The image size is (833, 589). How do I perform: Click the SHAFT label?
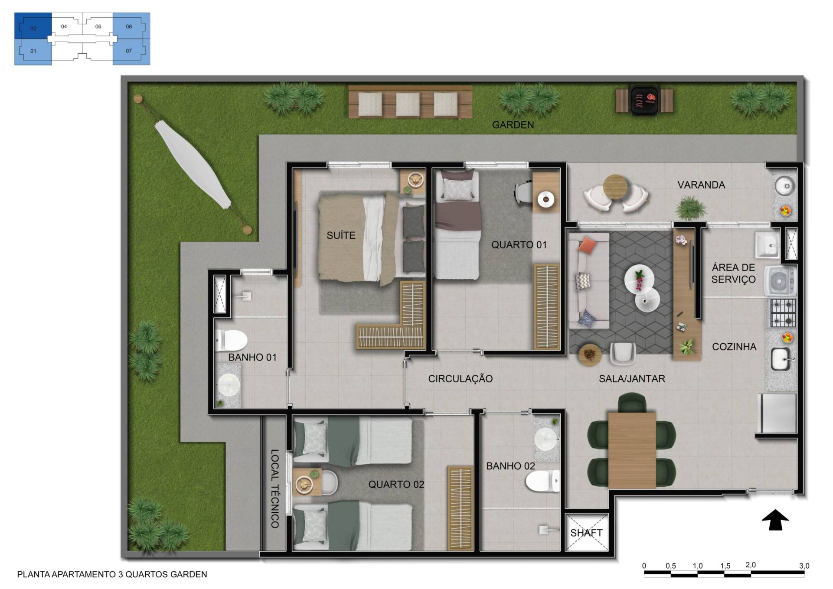(586, 533)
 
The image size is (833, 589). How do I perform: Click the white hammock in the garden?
(193, 165)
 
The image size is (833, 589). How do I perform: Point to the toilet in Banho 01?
(231, 340)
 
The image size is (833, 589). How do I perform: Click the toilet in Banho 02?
(542, 481)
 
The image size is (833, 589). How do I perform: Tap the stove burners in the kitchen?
(783, 312)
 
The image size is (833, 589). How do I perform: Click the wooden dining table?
(632, 450)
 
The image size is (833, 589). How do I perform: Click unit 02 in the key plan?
(33, 26)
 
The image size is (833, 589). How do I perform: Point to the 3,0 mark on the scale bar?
(804, 566)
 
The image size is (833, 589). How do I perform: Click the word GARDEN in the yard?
(513, 125)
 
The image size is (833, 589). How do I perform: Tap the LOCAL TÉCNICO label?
(274, 488)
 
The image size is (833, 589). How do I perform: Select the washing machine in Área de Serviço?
(780, 281)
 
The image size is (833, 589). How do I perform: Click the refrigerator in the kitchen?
(777, 413)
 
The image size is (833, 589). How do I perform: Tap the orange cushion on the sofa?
(587, 245)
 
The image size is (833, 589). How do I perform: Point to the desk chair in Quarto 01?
(523, 192)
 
